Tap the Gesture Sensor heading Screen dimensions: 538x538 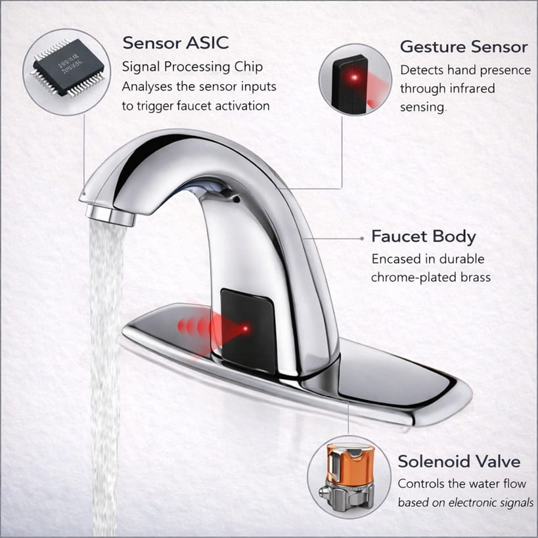pos(464,47)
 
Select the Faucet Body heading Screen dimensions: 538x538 pos(424,236)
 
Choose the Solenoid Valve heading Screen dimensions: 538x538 pos(459,461)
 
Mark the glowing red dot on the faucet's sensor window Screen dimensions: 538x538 pos(246,326)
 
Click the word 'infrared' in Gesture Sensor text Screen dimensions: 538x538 pos(472,88)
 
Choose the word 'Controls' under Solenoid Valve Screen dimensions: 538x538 pos(421,484)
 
